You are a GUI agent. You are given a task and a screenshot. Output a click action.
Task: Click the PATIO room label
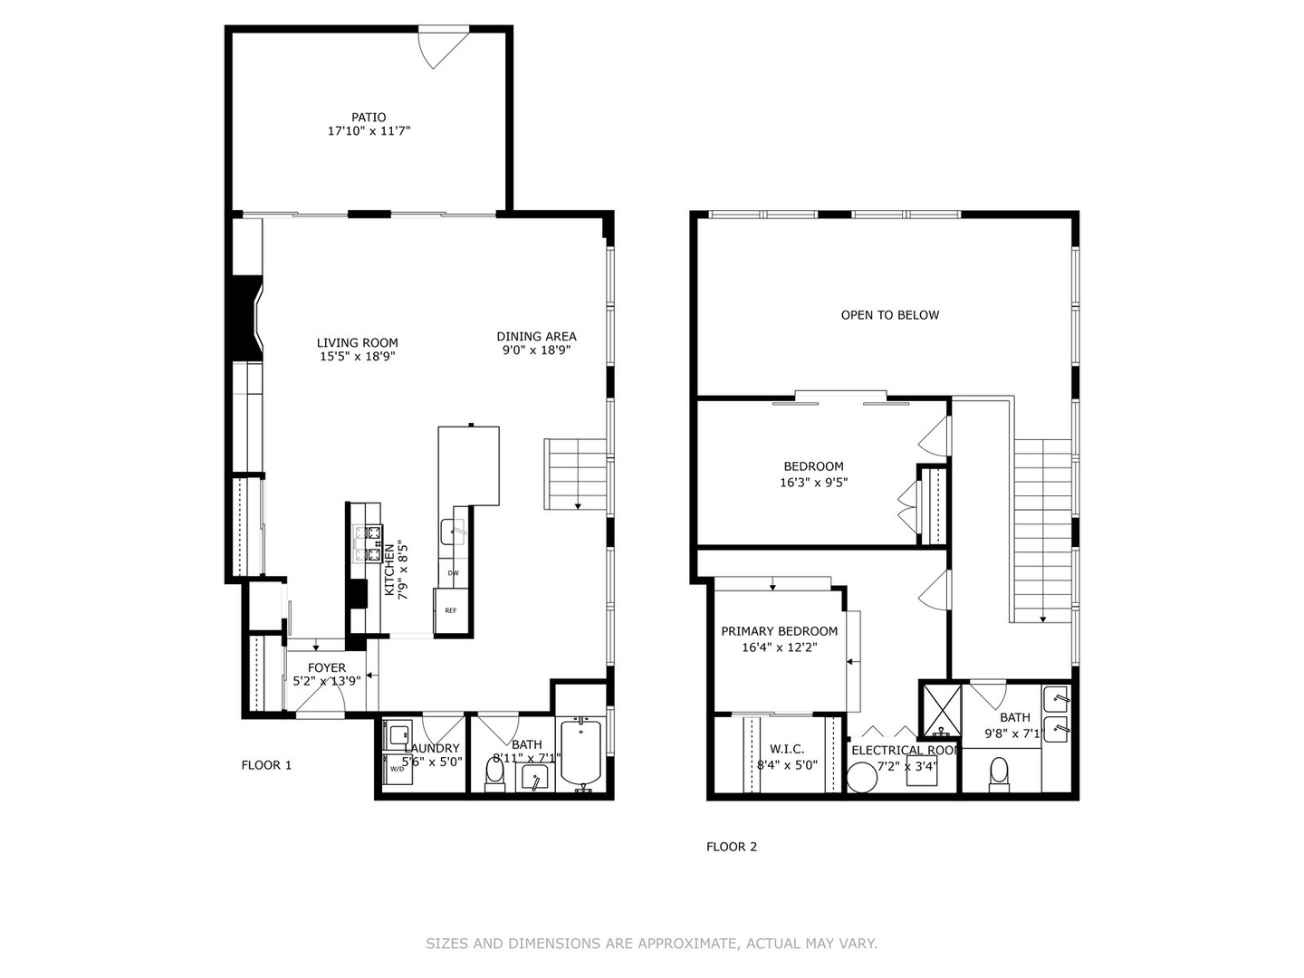pos(369,117)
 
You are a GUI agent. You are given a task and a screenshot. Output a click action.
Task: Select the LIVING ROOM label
pos(357,342)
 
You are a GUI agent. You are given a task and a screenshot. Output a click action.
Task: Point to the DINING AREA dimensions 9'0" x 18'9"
pos(536,350)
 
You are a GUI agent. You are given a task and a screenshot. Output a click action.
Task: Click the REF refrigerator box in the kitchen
pos(451,611)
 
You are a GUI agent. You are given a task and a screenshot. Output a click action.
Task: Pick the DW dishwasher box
pos(453,573)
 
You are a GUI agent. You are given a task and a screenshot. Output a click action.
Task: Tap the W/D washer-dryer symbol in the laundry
pos(397,769)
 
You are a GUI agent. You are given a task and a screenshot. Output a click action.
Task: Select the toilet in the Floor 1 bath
pos(495,772)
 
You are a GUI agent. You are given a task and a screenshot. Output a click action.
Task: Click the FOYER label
pos(327,667)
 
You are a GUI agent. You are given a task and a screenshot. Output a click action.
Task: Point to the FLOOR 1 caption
pos(266,765)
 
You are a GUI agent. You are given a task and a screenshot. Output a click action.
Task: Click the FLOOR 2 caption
pos(732,847)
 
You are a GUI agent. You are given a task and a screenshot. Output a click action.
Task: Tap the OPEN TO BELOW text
pos(890,315)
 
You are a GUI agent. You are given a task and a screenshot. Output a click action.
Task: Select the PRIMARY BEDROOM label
pos(779,631)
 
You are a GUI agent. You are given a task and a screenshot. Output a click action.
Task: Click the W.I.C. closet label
pos(787,749)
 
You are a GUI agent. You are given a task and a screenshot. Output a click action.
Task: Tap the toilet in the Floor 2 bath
pos(999,774)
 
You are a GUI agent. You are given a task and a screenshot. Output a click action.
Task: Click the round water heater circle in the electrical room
pos(862,777)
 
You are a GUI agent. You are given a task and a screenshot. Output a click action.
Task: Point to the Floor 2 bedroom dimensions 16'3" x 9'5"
pos(813,483)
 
